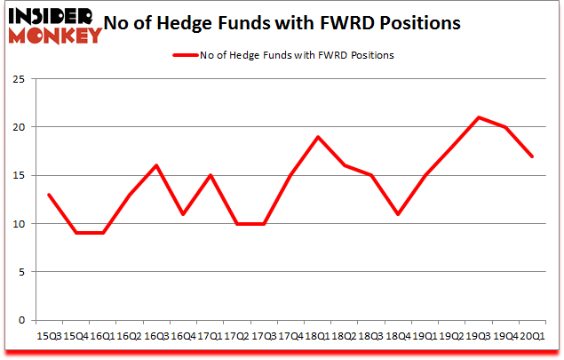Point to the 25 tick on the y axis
[x=18, y=79]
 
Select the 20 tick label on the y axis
[x=18, y=127]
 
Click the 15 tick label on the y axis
[x=18, y=175]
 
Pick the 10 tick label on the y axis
[x=18, y=224]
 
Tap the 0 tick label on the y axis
[x=20, y=320]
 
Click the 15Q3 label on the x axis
[x=50, y=337]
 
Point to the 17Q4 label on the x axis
[x=290, y=337]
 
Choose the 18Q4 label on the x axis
[x=397, y=337]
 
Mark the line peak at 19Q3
[x=479, y=117]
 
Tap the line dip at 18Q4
[x=399, y=214]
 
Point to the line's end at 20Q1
[x=532, y=156]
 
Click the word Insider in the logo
[x=51, y=16]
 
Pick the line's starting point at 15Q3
[x=50, y=195]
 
